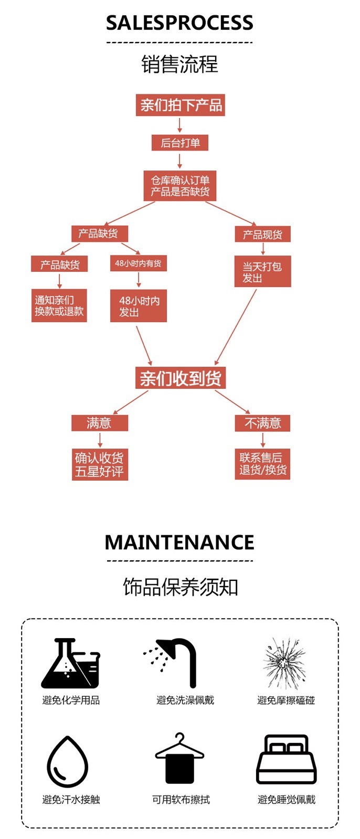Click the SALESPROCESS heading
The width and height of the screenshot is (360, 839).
click(x=179, y=23)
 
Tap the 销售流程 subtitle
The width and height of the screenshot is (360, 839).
click(x=179, y=65)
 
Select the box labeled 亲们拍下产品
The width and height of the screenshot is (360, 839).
click(x=180, y=105)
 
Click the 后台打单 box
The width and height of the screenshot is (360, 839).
click(x=180, y=143)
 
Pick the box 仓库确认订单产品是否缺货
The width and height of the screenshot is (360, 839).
click(x=180, y=186)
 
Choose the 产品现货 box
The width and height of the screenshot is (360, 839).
click(x=262, y=235)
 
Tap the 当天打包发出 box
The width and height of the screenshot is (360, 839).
click(x=262, y=272)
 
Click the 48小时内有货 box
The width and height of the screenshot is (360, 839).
click(x=139, y=263)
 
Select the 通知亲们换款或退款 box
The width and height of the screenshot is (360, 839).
click(x=59, y=305)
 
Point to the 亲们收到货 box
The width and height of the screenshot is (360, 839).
click(x=181, y=378)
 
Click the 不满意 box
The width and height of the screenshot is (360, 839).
click(x=262, y=423)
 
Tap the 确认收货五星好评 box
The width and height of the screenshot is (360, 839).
click(x=100, y=464)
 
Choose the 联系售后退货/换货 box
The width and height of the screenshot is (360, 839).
click(x=262, y=464)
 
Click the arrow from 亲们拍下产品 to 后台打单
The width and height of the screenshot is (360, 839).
click(x=180, y=125)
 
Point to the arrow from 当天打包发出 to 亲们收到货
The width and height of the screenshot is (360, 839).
click(x=236, y=327)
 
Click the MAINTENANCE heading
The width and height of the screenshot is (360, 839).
click(x=179, y=542)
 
